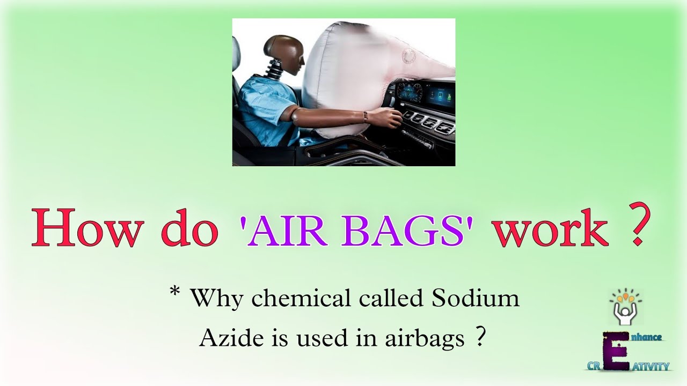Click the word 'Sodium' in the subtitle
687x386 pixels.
pyautogui.click(x=478, y=298)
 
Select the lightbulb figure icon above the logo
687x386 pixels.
pyautogui.click(x=625, y=308)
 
